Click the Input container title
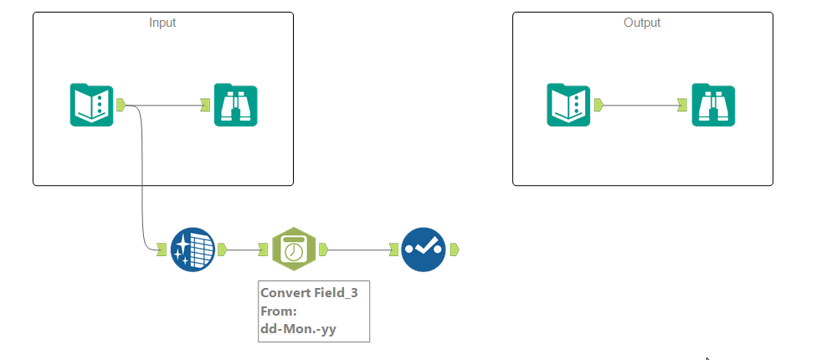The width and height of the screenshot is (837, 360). (x=162, y=23)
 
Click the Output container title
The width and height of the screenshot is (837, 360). (x=642, y=23)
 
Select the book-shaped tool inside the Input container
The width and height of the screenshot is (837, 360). (x=91, y=105)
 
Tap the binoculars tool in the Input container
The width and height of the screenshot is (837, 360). (x=235, y=105)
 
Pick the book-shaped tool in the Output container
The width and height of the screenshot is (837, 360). (x=568, y=105)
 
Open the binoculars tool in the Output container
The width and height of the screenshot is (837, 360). (x=713, y=105)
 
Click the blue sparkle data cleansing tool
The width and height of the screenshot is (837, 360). (x=192, y=249)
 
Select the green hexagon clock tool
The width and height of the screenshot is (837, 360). (x=294, y=249)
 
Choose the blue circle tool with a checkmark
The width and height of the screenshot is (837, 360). (x=423, y=249)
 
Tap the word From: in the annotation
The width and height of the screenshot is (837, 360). (x=280, y=311)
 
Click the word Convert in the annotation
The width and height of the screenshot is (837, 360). (x=285, y=293)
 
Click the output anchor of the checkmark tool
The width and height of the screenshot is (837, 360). (x=454, y=249)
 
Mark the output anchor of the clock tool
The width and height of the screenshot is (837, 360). (x=323, y=249)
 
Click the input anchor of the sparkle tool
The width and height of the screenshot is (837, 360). (x=162, y=249)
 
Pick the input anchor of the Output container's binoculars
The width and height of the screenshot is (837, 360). (x=683, y=105)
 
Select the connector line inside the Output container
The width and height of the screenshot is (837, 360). (x=640, y=105)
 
